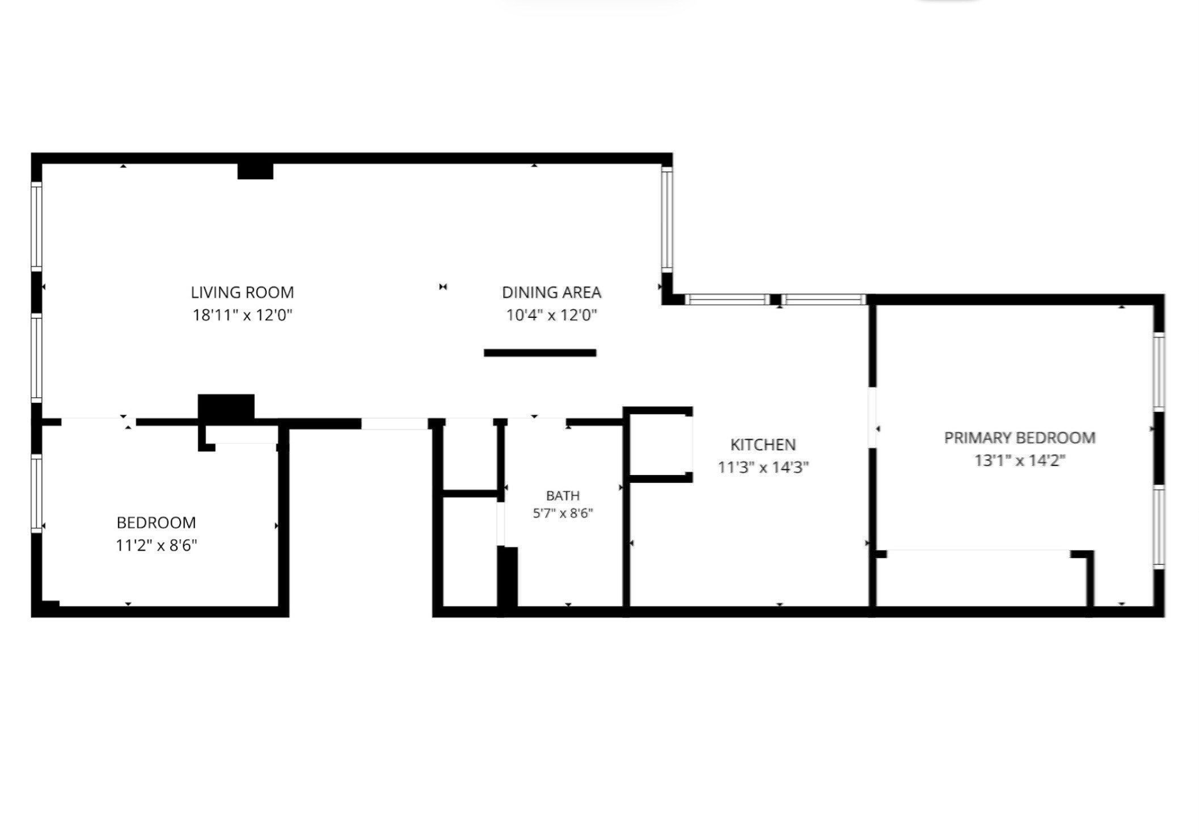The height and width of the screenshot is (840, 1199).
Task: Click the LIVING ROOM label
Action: (x=242, y=292)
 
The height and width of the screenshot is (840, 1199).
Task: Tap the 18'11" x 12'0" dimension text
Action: (x=242, y=315)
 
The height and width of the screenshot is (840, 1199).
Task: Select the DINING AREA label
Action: (x=551, y=292)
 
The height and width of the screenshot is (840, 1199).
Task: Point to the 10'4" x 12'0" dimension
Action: (x=551, y=315)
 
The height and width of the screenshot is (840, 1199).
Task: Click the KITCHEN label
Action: (x=763, y=444)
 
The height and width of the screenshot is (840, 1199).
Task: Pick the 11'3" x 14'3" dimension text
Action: (x=763, y=468)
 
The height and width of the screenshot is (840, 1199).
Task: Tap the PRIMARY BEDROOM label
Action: (x=1019, y=438)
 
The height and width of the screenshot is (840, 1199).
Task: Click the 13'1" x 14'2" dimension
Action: (x=1019, y=460)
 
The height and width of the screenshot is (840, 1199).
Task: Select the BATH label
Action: (x=563, y=495)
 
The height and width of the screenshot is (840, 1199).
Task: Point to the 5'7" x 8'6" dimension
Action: (x=563, y=514)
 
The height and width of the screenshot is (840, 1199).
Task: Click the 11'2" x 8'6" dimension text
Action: (x=157, y=545)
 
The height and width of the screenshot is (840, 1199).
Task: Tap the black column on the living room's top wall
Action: (x=255, y=171)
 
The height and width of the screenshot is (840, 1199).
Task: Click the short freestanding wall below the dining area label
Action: (x=540, y=353)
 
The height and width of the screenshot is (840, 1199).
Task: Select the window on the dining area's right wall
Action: (x=667, y=220)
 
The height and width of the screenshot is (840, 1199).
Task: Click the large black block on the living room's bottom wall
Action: (x=226, y=408)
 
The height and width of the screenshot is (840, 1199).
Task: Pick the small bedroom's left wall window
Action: (x=36, y=493)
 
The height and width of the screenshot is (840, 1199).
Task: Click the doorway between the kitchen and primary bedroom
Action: (x=872, y=418)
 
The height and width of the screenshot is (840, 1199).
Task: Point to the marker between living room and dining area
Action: (x=443, y=287)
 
